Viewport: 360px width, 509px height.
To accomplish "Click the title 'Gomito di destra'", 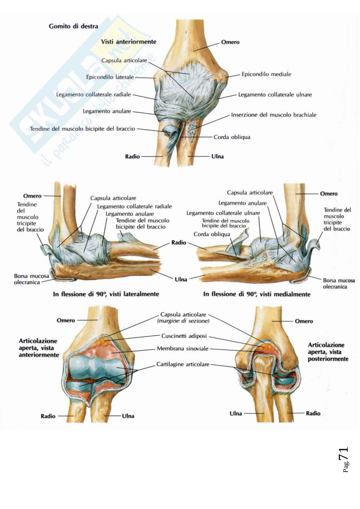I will click(x=73, y=26).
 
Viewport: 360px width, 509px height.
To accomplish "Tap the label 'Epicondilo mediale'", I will click(x=266, y=74).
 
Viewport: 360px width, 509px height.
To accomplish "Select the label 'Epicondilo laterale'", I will click(x=110, y=77).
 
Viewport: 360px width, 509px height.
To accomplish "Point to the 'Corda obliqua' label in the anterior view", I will click(x=232, y=137).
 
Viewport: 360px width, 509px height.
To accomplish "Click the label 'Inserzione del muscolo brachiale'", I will click(x=274, y=115).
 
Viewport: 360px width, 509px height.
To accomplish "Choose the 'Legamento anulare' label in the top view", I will click(x=107, y=112).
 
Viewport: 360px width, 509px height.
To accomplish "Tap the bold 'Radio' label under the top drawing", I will click(x=132, y=157).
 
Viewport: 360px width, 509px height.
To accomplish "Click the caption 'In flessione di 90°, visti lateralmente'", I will click(x=106, y=294).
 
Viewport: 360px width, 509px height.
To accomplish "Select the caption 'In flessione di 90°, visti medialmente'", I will click(x=257, y=294).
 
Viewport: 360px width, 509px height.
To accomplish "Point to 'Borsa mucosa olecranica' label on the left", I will click(x=32, y=279).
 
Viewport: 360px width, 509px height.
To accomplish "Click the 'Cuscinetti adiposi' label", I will click(x=185, y=336).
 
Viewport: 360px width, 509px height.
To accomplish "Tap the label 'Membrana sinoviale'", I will click(x=183, y=348).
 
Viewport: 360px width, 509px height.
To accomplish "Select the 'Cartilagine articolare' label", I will click(x=183, y=364).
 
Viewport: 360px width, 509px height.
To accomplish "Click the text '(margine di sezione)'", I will click(x=183, y=321).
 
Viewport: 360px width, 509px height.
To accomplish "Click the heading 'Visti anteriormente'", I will click(x=128, y=42).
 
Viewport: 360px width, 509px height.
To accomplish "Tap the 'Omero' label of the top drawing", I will click(x=230, y=42).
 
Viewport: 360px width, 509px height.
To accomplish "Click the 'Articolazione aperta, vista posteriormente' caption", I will click(x=328, y=352).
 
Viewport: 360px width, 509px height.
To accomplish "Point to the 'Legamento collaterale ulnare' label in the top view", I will click(x=275, y=95).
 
